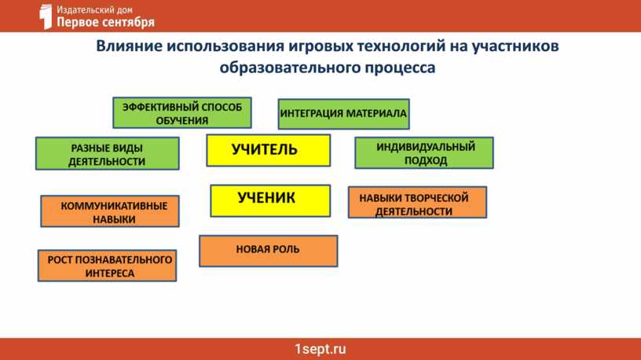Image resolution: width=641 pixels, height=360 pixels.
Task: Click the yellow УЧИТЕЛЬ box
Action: click(x=268, y=150)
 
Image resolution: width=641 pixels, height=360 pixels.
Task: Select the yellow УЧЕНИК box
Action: click(x=270, y=200)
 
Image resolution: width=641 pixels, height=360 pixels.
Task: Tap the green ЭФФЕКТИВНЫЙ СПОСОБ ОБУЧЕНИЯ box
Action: click(x=182, y=113)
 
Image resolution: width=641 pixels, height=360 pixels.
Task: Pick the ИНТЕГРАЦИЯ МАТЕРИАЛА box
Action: click(x=343, y=114)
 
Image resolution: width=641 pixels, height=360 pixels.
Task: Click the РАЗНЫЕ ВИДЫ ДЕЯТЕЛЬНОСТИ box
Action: click(x=107, y=153)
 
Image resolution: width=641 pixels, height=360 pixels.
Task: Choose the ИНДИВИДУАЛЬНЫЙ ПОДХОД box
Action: click(x=424, y=152)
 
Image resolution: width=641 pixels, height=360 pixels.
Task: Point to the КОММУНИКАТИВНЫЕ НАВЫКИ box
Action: click(x=109, y=211)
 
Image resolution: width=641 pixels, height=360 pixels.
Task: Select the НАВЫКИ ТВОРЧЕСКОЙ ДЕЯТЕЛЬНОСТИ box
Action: click(x=417, y=203)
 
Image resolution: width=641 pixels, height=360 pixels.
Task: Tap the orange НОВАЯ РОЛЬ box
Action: click(x=268, y=251)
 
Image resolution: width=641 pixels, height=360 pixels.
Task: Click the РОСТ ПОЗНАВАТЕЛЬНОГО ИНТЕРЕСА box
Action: click(x=107, y=266)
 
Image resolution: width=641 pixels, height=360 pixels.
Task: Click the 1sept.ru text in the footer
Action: click(x=320, y=349)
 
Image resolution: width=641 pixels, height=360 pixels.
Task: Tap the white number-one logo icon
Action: click(x=46, y=17)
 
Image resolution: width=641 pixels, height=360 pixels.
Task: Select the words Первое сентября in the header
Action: click(x=105, y=22)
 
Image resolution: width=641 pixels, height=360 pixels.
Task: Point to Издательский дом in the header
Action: click(x=94, y=9)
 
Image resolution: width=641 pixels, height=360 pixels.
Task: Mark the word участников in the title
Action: click(x=515, y=46)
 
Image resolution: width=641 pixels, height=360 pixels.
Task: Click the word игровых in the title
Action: click(x=320, y=46)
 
